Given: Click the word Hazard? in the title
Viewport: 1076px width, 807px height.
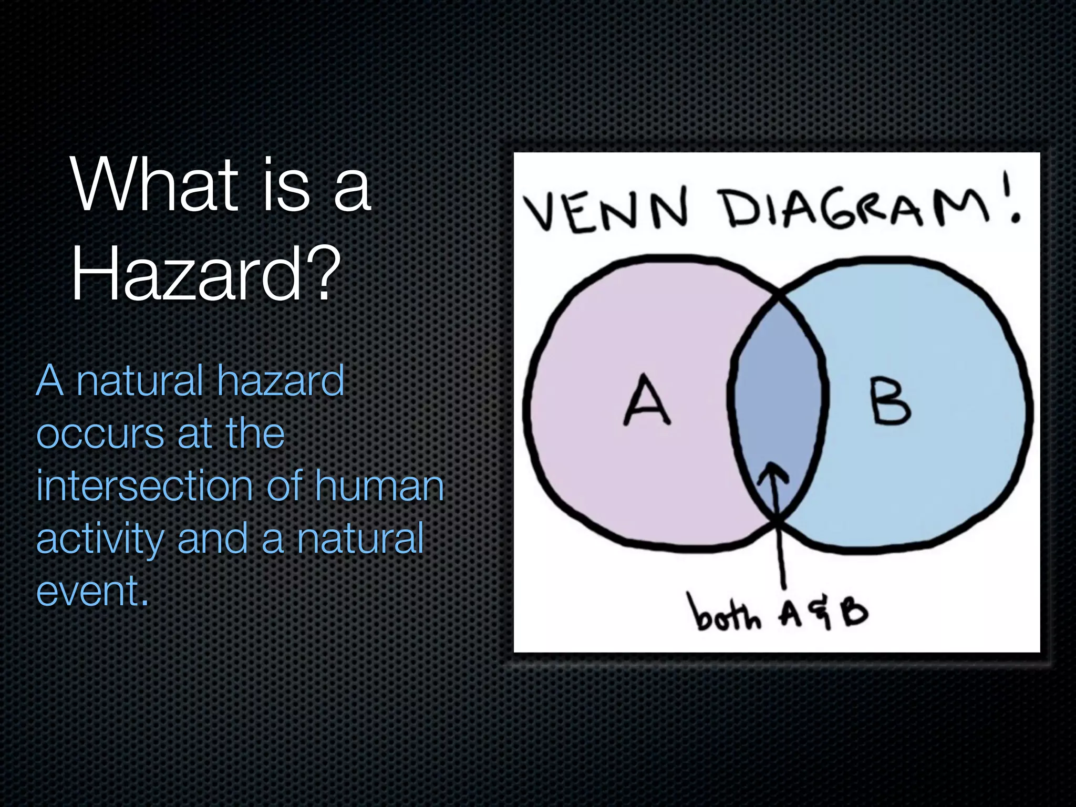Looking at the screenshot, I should (205, 274).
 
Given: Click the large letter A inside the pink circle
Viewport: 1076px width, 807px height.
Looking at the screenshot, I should (647, 400).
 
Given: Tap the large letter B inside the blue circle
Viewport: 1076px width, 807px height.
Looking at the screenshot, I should (891, 402).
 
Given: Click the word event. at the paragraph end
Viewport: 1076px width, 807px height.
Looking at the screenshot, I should (92, 591).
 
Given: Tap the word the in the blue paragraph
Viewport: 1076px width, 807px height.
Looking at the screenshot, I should (255, 434).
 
